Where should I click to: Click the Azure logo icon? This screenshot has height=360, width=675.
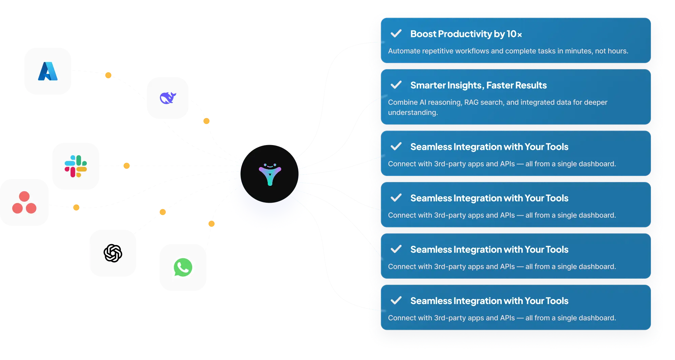click(x=48, y=71)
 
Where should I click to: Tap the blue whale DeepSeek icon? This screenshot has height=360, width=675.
click(x=168, y=98)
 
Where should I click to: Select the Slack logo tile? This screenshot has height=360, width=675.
click(x=76, y=166)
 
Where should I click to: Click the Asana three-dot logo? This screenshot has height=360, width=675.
click(x=24, y=203)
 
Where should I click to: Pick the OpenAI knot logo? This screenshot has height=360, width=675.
click(x=113, y=253)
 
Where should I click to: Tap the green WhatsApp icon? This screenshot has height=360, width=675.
click(x=183, y=268)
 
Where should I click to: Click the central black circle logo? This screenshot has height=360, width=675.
click(x=270, y=174)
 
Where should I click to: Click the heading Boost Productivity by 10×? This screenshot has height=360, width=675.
click(x=466, y=34)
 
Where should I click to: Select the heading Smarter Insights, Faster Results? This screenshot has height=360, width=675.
click(x=478, y=85)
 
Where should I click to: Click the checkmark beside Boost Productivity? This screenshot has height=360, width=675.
click(x=396, y=34)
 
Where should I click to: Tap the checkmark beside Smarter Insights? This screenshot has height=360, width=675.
click(x=396, y=85)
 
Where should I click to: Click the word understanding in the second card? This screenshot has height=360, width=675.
click(x=413, y=113)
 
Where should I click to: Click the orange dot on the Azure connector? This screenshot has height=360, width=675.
click(x=108, y=75)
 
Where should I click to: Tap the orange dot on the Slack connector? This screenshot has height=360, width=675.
click(x=126, y=166)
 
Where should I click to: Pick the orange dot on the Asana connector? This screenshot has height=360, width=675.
click(x=77, y=207)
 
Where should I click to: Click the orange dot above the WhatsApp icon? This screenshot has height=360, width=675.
click(x=212, y=224)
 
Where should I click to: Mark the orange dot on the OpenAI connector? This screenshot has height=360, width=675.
click(x=163, y=212)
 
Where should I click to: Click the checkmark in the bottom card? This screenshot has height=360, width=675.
click(x=396, y=300)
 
